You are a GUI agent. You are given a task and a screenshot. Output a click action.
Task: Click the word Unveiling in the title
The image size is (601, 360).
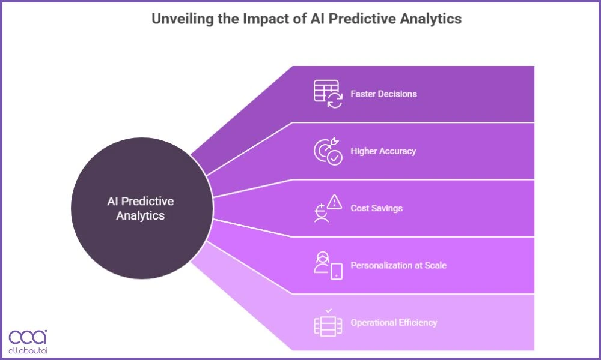tap(183, 19)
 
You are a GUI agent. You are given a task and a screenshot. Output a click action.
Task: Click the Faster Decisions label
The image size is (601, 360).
tap(383, 94)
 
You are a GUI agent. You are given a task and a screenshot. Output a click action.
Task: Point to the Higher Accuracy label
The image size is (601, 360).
tap(383, 151)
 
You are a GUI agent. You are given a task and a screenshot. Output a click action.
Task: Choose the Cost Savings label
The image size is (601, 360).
tap(376, 208)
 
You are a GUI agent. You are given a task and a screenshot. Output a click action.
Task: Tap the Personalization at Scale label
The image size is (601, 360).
tap(398, 265)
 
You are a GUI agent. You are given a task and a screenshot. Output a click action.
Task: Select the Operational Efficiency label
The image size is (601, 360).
tap(394, 323)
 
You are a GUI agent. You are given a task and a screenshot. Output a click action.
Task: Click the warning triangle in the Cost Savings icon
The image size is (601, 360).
tap(334, 202)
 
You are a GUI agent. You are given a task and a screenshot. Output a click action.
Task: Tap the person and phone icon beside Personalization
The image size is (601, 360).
tap(328, 266)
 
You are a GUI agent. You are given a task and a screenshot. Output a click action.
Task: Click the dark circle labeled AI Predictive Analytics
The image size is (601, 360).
tap(142, 208)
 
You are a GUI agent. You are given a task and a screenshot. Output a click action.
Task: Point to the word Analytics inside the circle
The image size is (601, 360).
tap(140, 216)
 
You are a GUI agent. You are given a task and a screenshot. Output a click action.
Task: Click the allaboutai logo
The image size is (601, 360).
tap(28, 341)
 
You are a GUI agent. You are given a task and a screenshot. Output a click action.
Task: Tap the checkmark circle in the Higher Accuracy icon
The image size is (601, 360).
tap(335, 157)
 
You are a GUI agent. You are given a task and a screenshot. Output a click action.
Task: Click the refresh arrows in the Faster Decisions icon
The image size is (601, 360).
tap(335, 100)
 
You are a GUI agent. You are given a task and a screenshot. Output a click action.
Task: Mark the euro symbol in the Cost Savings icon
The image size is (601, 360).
tap(320, 211)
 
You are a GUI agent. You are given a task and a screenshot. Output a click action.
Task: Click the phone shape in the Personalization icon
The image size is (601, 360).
tap(336, 271)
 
